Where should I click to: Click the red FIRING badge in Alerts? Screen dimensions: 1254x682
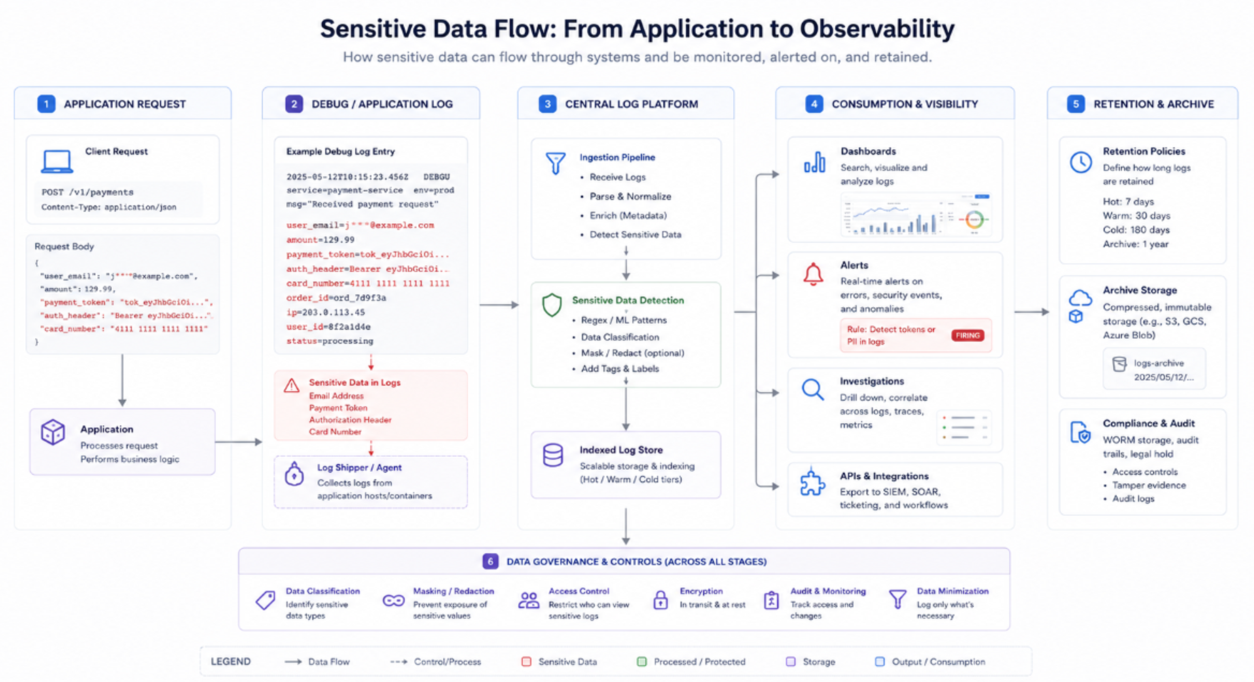tap(967, 335)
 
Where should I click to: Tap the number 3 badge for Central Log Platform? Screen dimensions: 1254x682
tap(548, 104)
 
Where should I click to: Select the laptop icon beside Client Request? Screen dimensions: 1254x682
tap(57, 162)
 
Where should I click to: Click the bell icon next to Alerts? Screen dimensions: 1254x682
tap(813, 274)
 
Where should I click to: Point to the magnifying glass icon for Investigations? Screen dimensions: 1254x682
tap(812, 389)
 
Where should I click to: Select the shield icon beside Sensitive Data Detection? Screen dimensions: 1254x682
tap(552, 305)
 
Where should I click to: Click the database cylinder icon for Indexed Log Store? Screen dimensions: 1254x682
tap(553, 455)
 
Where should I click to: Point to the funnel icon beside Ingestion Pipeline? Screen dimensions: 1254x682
tap(555, 163)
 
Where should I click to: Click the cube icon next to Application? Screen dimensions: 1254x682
tap(53, 432)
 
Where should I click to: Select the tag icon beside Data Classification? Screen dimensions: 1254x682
tap(265, 600)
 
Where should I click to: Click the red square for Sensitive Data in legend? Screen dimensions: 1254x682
tap(526, 661)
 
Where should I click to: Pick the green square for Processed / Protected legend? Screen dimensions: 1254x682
tap(642, 661)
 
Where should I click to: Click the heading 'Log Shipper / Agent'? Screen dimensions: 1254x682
tap(359, 467)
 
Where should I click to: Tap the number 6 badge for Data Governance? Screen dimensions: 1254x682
tap(490, 561)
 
